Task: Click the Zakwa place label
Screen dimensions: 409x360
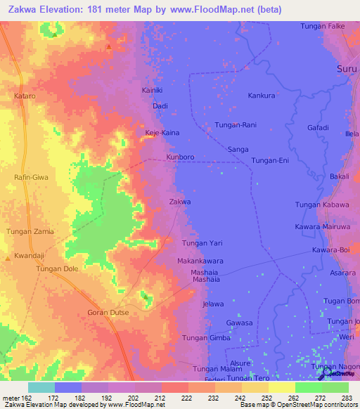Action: coord(181,202)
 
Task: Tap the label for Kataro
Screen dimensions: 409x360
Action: coord(24,95)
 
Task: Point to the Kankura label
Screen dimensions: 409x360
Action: coord(261,95)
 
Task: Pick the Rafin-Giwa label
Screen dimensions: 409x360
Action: coord(31,178)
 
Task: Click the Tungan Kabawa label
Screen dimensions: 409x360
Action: coord(318,204)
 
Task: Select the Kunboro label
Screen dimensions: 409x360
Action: coord(181,157)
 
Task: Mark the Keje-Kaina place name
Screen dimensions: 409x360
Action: coord(162,132)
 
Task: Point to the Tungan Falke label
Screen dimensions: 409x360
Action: coord(325,26)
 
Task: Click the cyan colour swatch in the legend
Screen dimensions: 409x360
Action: coord(41,387)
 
